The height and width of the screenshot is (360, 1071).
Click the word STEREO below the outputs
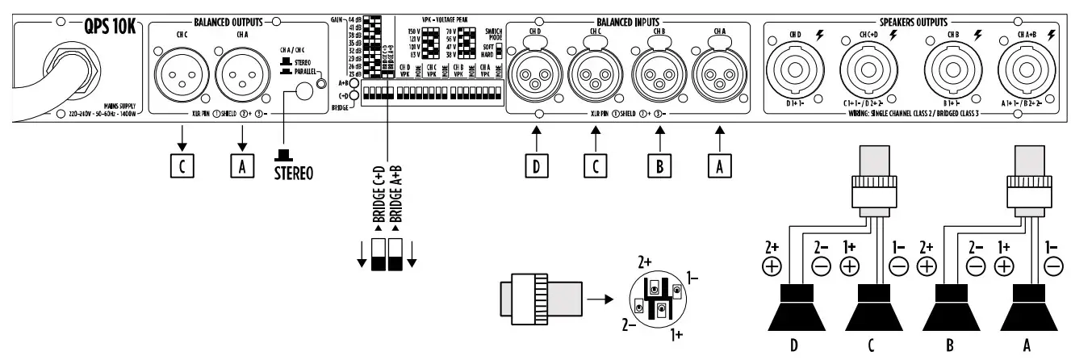coord(294,172)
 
